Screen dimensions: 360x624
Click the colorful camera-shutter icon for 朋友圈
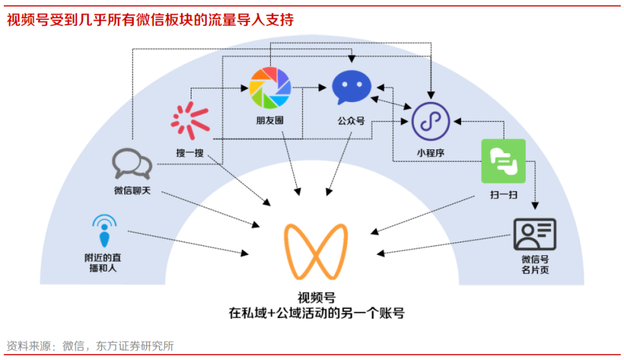point(270,88)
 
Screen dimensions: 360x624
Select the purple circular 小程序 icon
point(431,121)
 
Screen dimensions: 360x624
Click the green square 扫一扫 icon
point(503,161)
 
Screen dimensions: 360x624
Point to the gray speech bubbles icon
point(132,164)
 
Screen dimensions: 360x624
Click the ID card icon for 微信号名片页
point(535,234)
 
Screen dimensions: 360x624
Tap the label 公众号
point(351,120)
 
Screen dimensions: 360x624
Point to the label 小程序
point(430,154)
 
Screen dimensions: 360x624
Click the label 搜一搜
point(190,153)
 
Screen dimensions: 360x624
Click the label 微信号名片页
point(535,265)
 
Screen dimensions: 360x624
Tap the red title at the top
point(150,20)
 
